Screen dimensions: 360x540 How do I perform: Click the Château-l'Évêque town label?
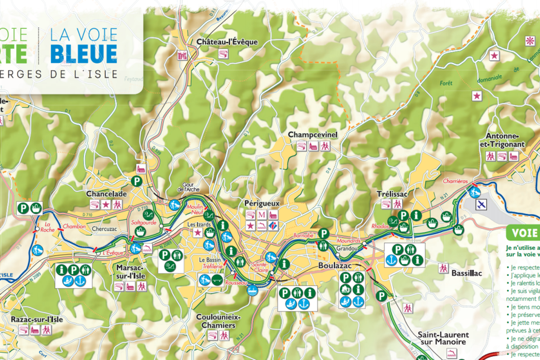pyautogui.click(x=227, y=42)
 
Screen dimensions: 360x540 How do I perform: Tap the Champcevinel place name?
pyautogui.click(x=312, y=135)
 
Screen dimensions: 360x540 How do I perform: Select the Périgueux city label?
pyautogui.click(x=261, y=203)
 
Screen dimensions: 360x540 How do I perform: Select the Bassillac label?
pyautogui.click(x=467, y=273)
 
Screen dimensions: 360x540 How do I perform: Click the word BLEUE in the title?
pyautogui.click(x=84, y=54)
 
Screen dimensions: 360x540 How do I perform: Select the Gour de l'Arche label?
pyautogui.click(x=188, y=187)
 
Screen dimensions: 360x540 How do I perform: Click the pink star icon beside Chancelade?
pyautogui.click(x=106, y=205)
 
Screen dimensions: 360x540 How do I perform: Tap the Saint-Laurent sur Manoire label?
pyautogui.click(x=443, y=338)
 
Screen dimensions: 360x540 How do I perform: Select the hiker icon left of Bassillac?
pyautogui.click(x=444, y=268)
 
